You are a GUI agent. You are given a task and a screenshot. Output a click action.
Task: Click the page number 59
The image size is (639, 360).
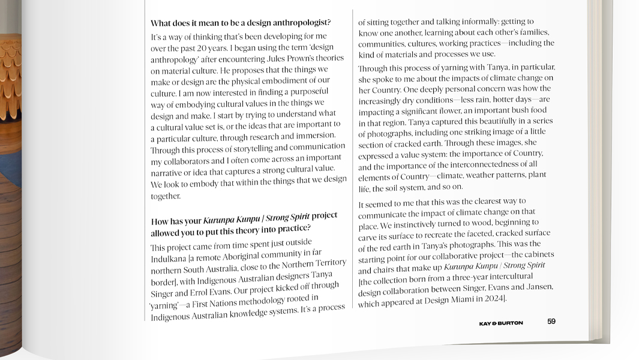click(551, 321)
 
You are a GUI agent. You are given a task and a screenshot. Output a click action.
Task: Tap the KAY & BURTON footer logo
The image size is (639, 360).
click(501, 323)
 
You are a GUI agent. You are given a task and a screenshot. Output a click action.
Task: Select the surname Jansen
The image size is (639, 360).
click(538, 287)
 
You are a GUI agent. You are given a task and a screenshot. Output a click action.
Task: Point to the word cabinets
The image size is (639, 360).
click(539, 254)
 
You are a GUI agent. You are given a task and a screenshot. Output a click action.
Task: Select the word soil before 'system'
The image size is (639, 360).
click(397, 188)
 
